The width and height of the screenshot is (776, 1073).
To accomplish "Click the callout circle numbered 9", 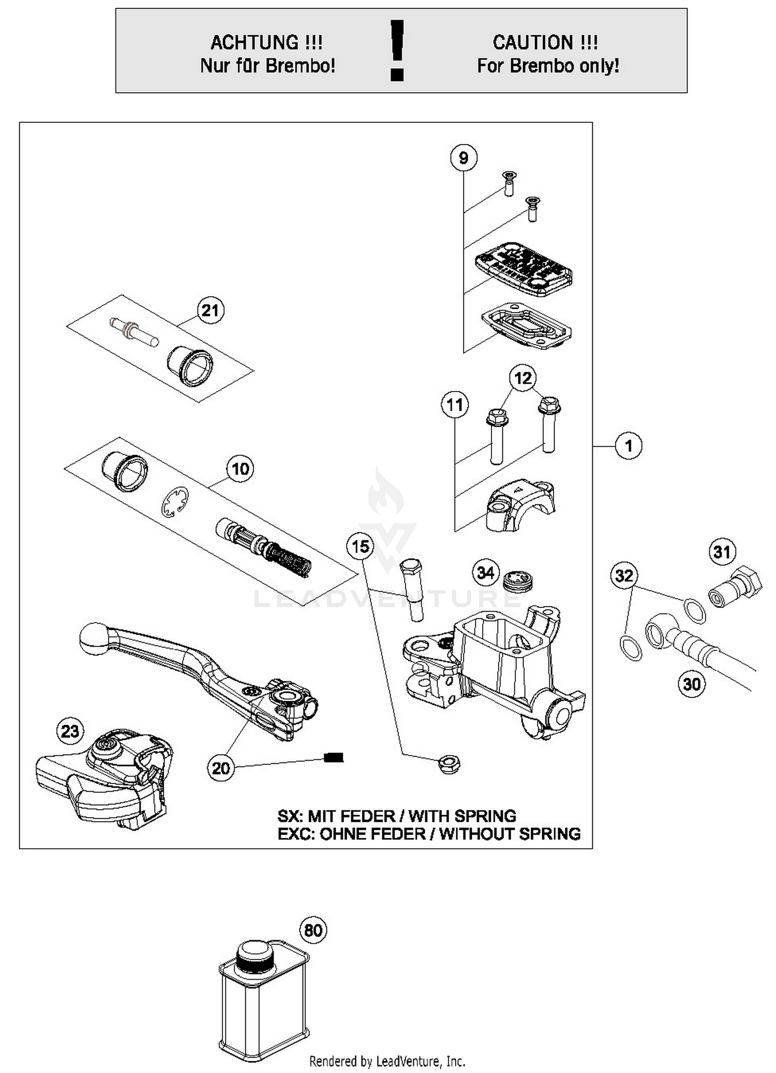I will [x=463, y=157].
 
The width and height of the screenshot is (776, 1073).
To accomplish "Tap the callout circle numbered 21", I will [x=210, y=311].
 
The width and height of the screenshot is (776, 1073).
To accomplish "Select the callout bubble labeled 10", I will [x=240, y=469].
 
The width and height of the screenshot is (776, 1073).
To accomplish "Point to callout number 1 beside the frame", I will [x=629, y=446].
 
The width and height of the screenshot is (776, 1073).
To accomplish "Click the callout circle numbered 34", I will [x=485, y=573].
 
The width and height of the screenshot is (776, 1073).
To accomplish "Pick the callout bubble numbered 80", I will [x=314, y=931].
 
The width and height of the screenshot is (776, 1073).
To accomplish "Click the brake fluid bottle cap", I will [x=253, y=952].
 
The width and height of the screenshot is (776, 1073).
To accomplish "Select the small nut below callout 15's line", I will [x=449, y=764].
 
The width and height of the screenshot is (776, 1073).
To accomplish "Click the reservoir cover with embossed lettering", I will [x=523, y=268].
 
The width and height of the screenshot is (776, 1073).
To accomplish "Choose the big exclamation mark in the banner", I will [x=397, y=50].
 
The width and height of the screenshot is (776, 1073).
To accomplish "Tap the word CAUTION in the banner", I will [x=532, y=42].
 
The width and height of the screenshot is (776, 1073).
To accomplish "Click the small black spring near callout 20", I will [x=334, y=758].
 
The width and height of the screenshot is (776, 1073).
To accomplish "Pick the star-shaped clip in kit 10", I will [x=174, y=502].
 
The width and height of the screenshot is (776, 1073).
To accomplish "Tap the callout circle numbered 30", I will [x=692, y=684].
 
